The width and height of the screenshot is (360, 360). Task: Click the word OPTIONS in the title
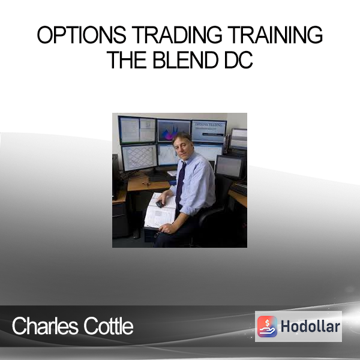(82, 35)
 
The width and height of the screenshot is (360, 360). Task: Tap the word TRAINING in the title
(275, 35)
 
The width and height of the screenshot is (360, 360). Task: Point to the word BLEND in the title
(185, 60)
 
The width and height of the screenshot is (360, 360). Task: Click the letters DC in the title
(238, 60)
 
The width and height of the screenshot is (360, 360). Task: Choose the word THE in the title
(127, 60)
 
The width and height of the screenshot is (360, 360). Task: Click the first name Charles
(45, 326)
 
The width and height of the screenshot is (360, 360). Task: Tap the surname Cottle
(109, 326)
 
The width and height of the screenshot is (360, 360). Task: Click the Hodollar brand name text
(310, 326)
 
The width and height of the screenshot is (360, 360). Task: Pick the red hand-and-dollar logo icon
(267, 326)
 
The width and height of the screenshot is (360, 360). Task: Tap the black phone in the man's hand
(160, 203)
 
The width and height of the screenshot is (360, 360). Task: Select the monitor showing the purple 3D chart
(174, 131)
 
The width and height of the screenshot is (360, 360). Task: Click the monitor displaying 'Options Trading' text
(209, 131)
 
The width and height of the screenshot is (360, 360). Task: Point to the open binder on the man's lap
(160, 211)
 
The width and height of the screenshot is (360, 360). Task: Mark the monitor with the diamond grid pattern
(139, 157)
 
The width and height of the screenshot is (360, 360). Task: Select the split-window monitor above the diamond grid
(137, 130)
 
